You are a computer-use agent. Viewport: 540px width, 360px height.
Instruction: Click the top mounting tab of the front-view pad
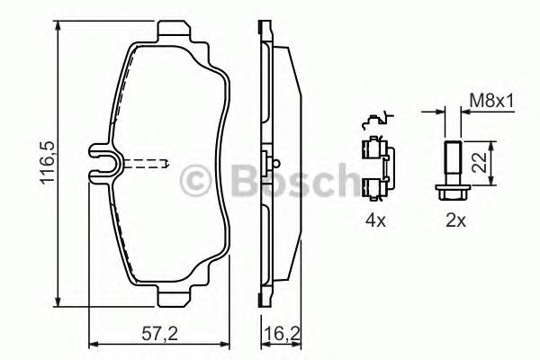coord(176,33)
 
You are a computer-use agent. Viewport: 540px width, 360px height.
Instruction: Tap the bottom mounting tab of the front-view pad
coord(176,297)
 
